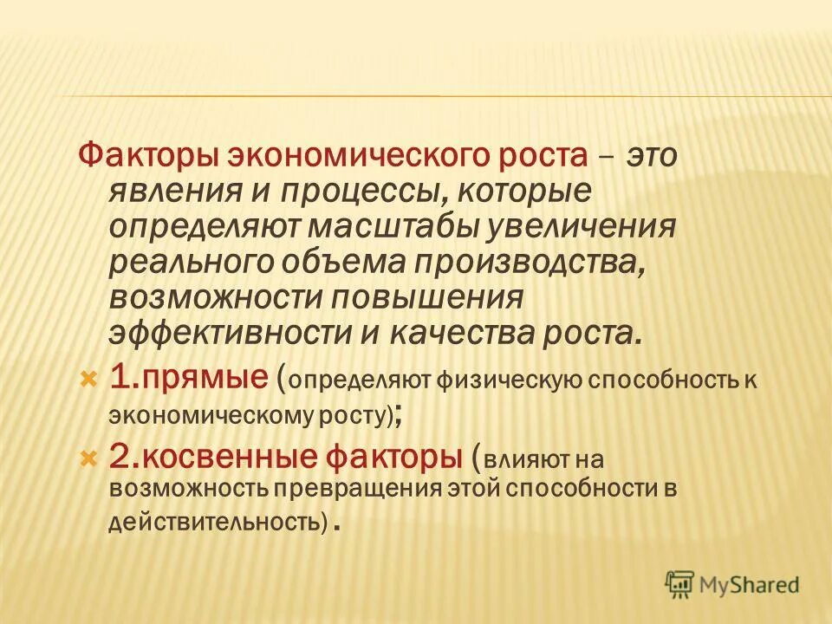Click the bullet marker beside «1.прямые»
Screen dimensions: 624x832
click(x=87, y=379)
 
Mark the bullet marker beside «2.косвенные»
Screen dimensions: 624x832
click(x=87, y=457)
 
